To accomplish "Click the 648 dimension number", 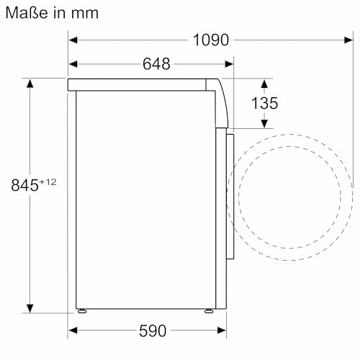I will click(156, 63).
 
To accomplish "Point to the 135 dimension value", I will click(264, 104).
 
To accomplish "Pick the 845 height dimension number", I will click(24, 185).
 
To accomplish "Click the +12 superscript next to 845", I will click(47, 181).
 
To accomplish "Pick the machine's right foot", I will click(208, 312).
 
